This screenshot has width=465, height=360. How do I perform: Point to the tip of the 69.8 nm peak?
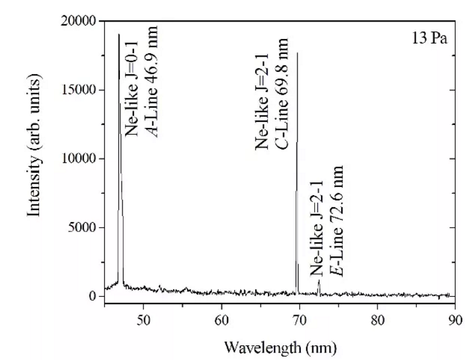(297, 52)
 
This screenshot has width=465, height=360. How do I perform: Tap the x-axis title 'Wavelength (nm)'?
(281, 348)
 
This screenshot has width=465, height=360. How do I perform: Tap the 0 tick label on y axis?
(94, 296)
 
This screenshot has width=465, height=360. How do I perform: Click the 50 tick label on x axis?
(143, 322)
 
